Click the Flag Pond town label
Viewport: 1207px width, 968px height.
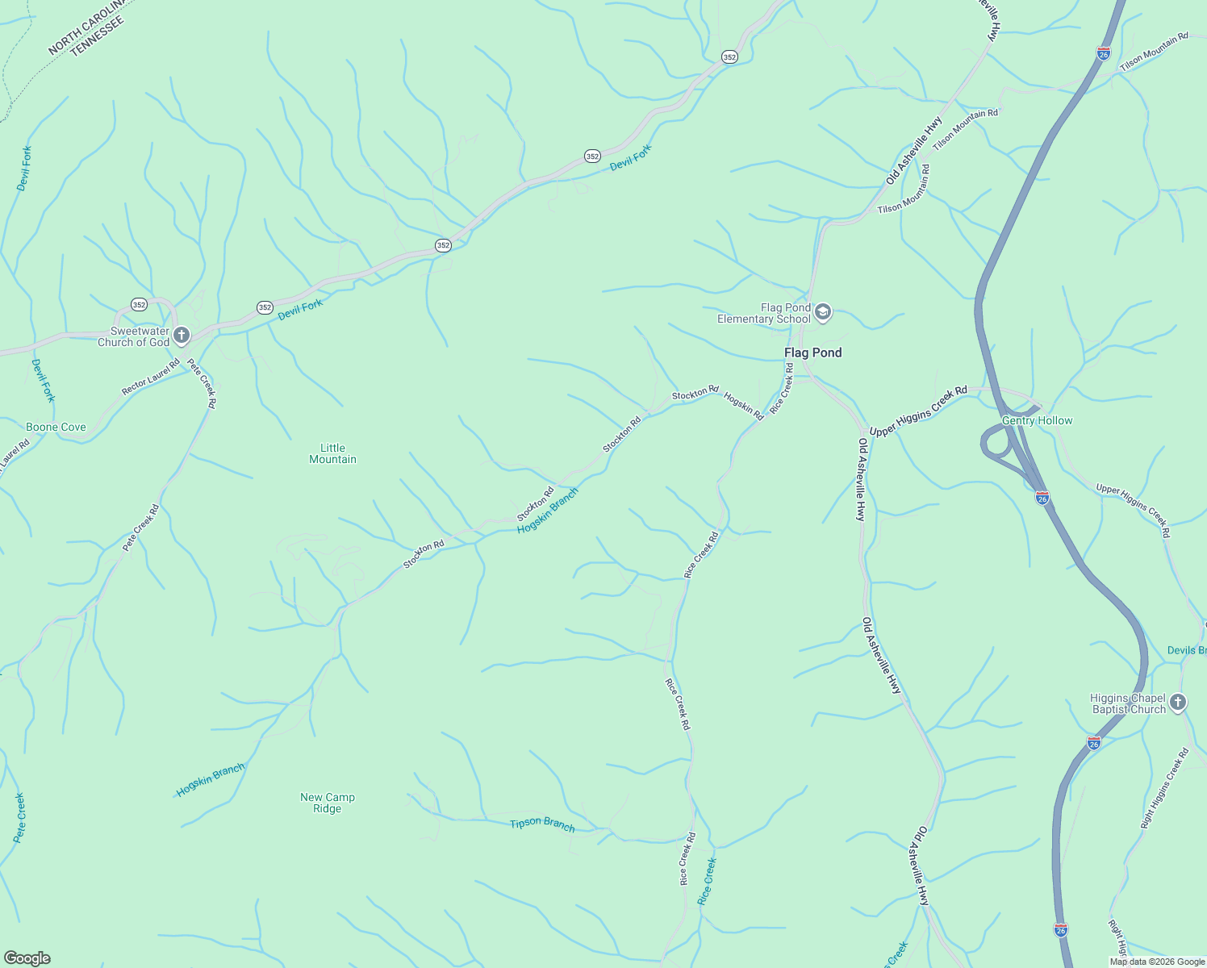point(812,353)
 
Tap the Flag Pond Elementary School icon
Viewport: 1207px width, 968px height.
point(823,312)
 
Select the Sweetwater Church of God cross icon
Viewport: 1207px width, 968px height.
point(182,335)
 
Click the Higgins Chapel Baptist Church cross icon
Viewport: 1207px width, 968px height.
point(1178,703)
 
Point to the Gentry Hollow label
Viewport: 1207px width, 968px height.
point(1037,420)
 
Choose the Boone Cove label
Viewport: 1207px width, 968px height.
point(56,427)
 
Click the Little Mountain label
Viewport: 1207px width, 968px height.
point(332,453)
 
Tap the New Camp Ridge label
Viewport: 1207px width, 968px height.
point(327,803)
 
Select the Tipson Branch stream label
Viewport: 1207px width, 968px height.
point(542,824)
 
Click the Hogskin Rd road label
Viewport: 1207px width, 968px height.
point(743,406)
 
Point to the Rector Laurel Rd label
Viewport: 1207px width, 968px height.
point(151,378)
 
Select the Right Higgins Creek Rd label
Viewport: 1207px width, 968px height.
point(1164,789)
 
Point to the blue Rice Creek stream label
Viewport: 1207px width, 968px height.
point(707,881)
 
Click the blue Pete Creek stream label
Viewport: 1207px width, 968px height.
point(19,818)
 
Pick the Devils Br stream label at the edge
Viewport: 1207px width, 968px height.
point(1186,650)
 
